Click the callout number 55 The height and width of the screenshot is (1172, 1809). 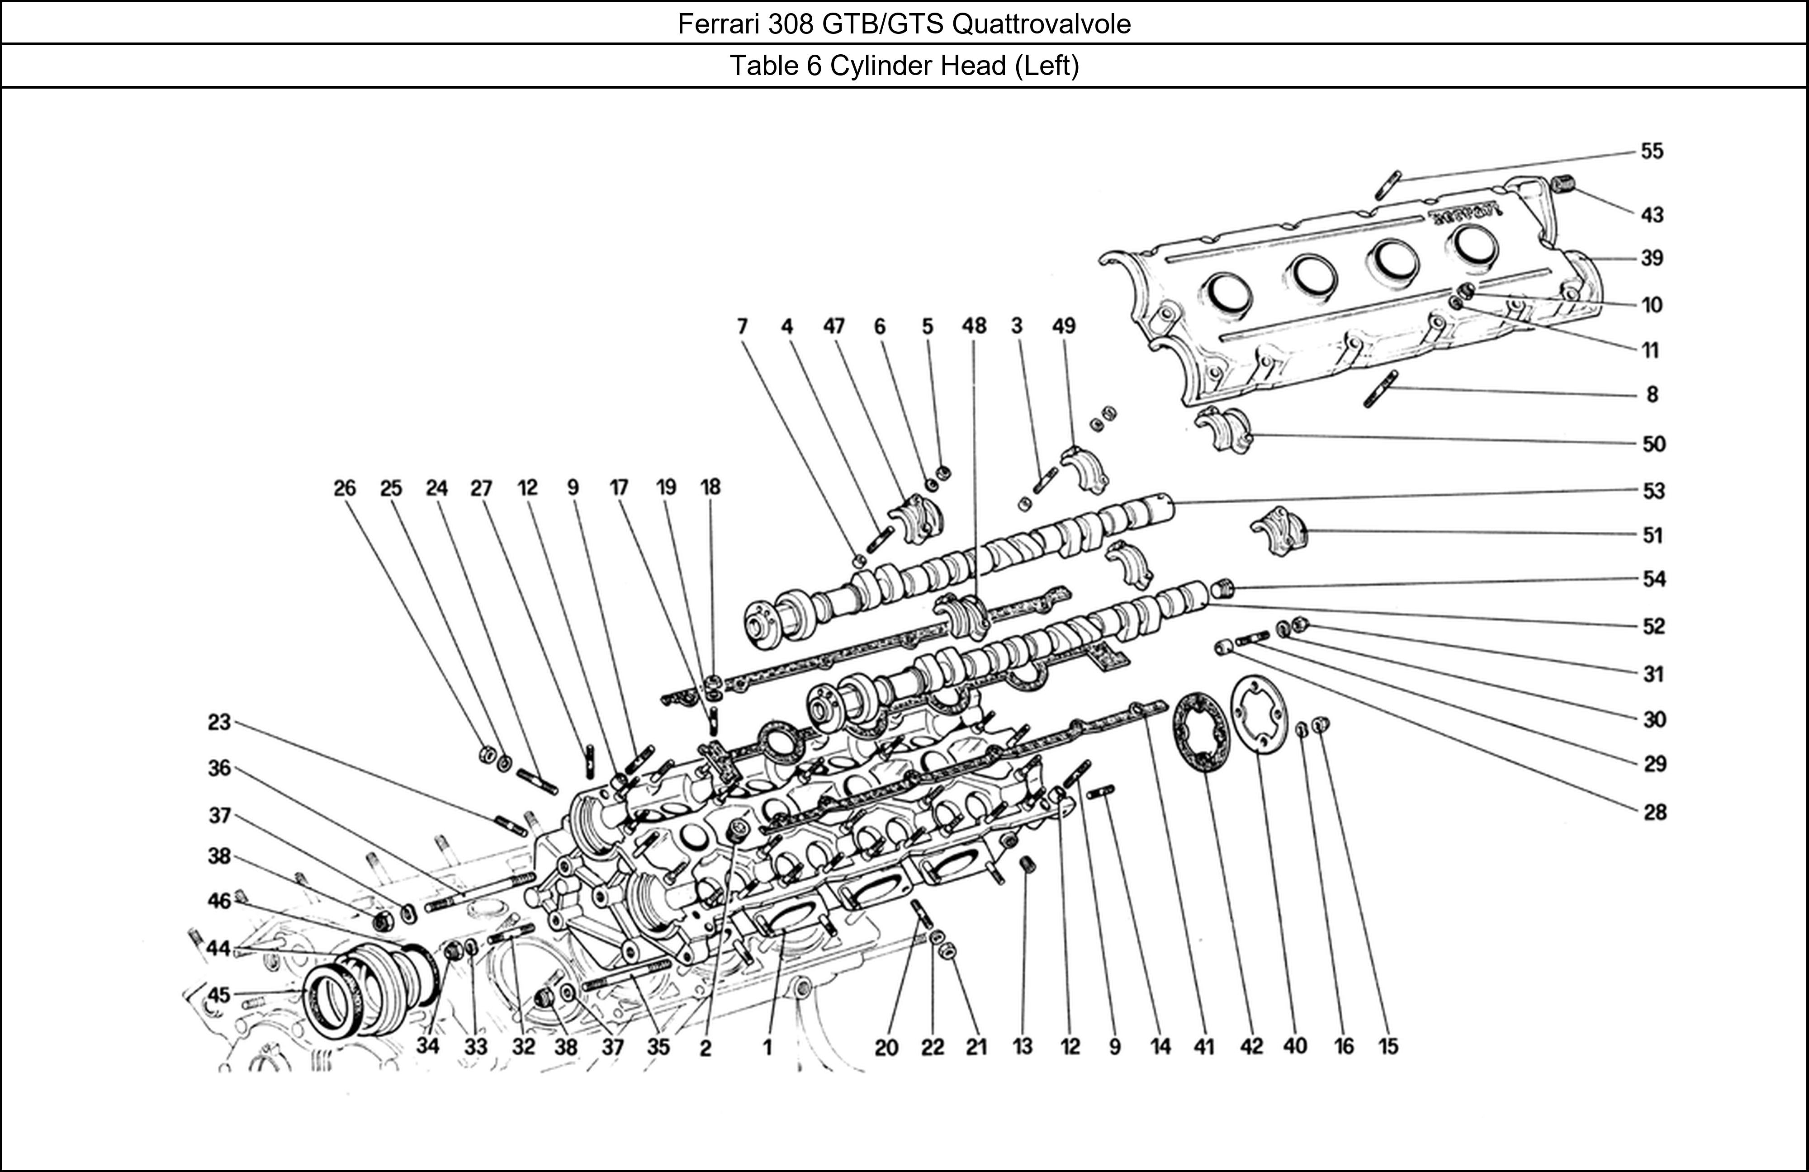[1652, 151]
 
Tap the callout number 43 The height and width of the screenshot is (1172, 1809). [1652, 215]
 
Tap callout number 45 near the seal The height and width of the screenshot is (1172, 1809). [219, 995]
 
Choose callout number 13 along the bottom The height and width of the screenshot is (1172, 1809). [1023, 1047]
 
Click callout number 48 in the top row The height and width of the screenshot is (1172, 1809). [974, 326]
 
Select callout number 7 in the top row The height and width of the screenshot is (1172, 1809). [742, 326]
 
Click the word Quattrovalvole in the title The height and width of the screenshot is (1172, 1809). [1041, 24]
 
